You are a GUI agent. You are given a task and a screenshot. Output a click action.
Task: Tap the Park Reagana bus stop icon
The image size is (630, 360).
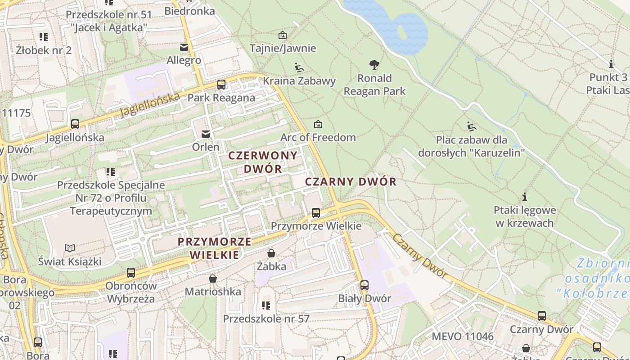[x=221, y=84]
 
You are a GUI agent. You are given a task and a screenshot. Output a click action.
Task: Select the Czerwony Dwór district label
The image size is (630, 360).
[x=263, y=162]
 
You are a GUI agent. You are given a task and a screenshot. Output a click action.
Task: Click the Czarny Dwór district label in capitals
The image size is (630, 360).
[x=351, y=182]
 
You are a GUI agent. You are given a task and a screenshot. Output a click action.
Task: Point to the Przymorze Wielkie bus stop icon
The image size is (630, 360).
[x=316, y=212]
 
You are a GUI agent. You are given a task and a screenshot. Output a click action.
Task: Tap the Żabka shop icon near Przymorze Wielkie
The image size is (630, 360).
[x=271, y=253]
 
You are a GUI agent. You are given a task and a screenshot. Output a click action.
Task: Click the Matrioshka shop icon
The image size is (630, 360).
[x=213, y=279]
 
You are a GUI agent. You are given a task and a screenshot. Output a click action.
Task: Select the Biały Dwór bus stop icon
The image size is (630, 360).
[x=364, y=285]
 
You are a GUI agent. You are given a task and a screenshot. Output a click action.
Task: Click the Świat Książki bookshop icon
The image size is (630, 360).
[x=69, y=248]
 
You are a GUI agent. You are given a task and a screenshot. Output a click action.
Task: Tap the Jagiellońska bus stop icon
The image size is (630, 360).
[x=75, y=124]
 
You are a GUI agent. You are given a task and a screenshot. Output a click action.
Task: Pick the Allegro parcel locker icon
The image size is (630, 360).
[x=184, y=47]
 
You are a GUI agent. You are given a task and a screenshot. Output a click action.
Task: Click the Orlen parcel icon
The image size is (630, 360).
[x=206, y=134]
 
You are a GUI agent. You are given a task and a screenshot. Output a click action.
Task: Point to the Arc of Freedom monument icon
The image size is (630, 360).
[x=318, y=124]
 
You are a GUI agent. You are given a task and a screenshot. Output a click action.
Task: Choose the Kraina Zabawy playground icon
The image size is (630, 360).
[x=299, y=67]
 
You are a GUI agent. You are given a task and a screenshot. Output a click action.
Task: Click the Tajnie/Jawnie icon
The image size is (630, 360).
[x=283, y=35]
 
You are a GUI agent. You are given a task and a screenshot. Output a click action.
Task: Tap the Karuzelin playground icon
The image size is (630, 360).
[x=471, y=126]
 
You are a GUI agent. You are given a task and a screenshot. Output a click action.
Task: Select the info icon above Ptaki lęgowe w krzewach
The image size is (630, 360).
[x=524, y=197]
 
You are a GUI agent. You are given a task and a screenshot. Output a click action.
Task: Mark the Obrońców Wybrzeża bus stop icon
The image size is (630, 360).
[x=131, y=272]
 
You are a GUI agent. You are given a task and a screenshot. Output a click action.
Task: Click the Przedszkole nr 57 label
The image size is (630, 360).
[x=266, y=319]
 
